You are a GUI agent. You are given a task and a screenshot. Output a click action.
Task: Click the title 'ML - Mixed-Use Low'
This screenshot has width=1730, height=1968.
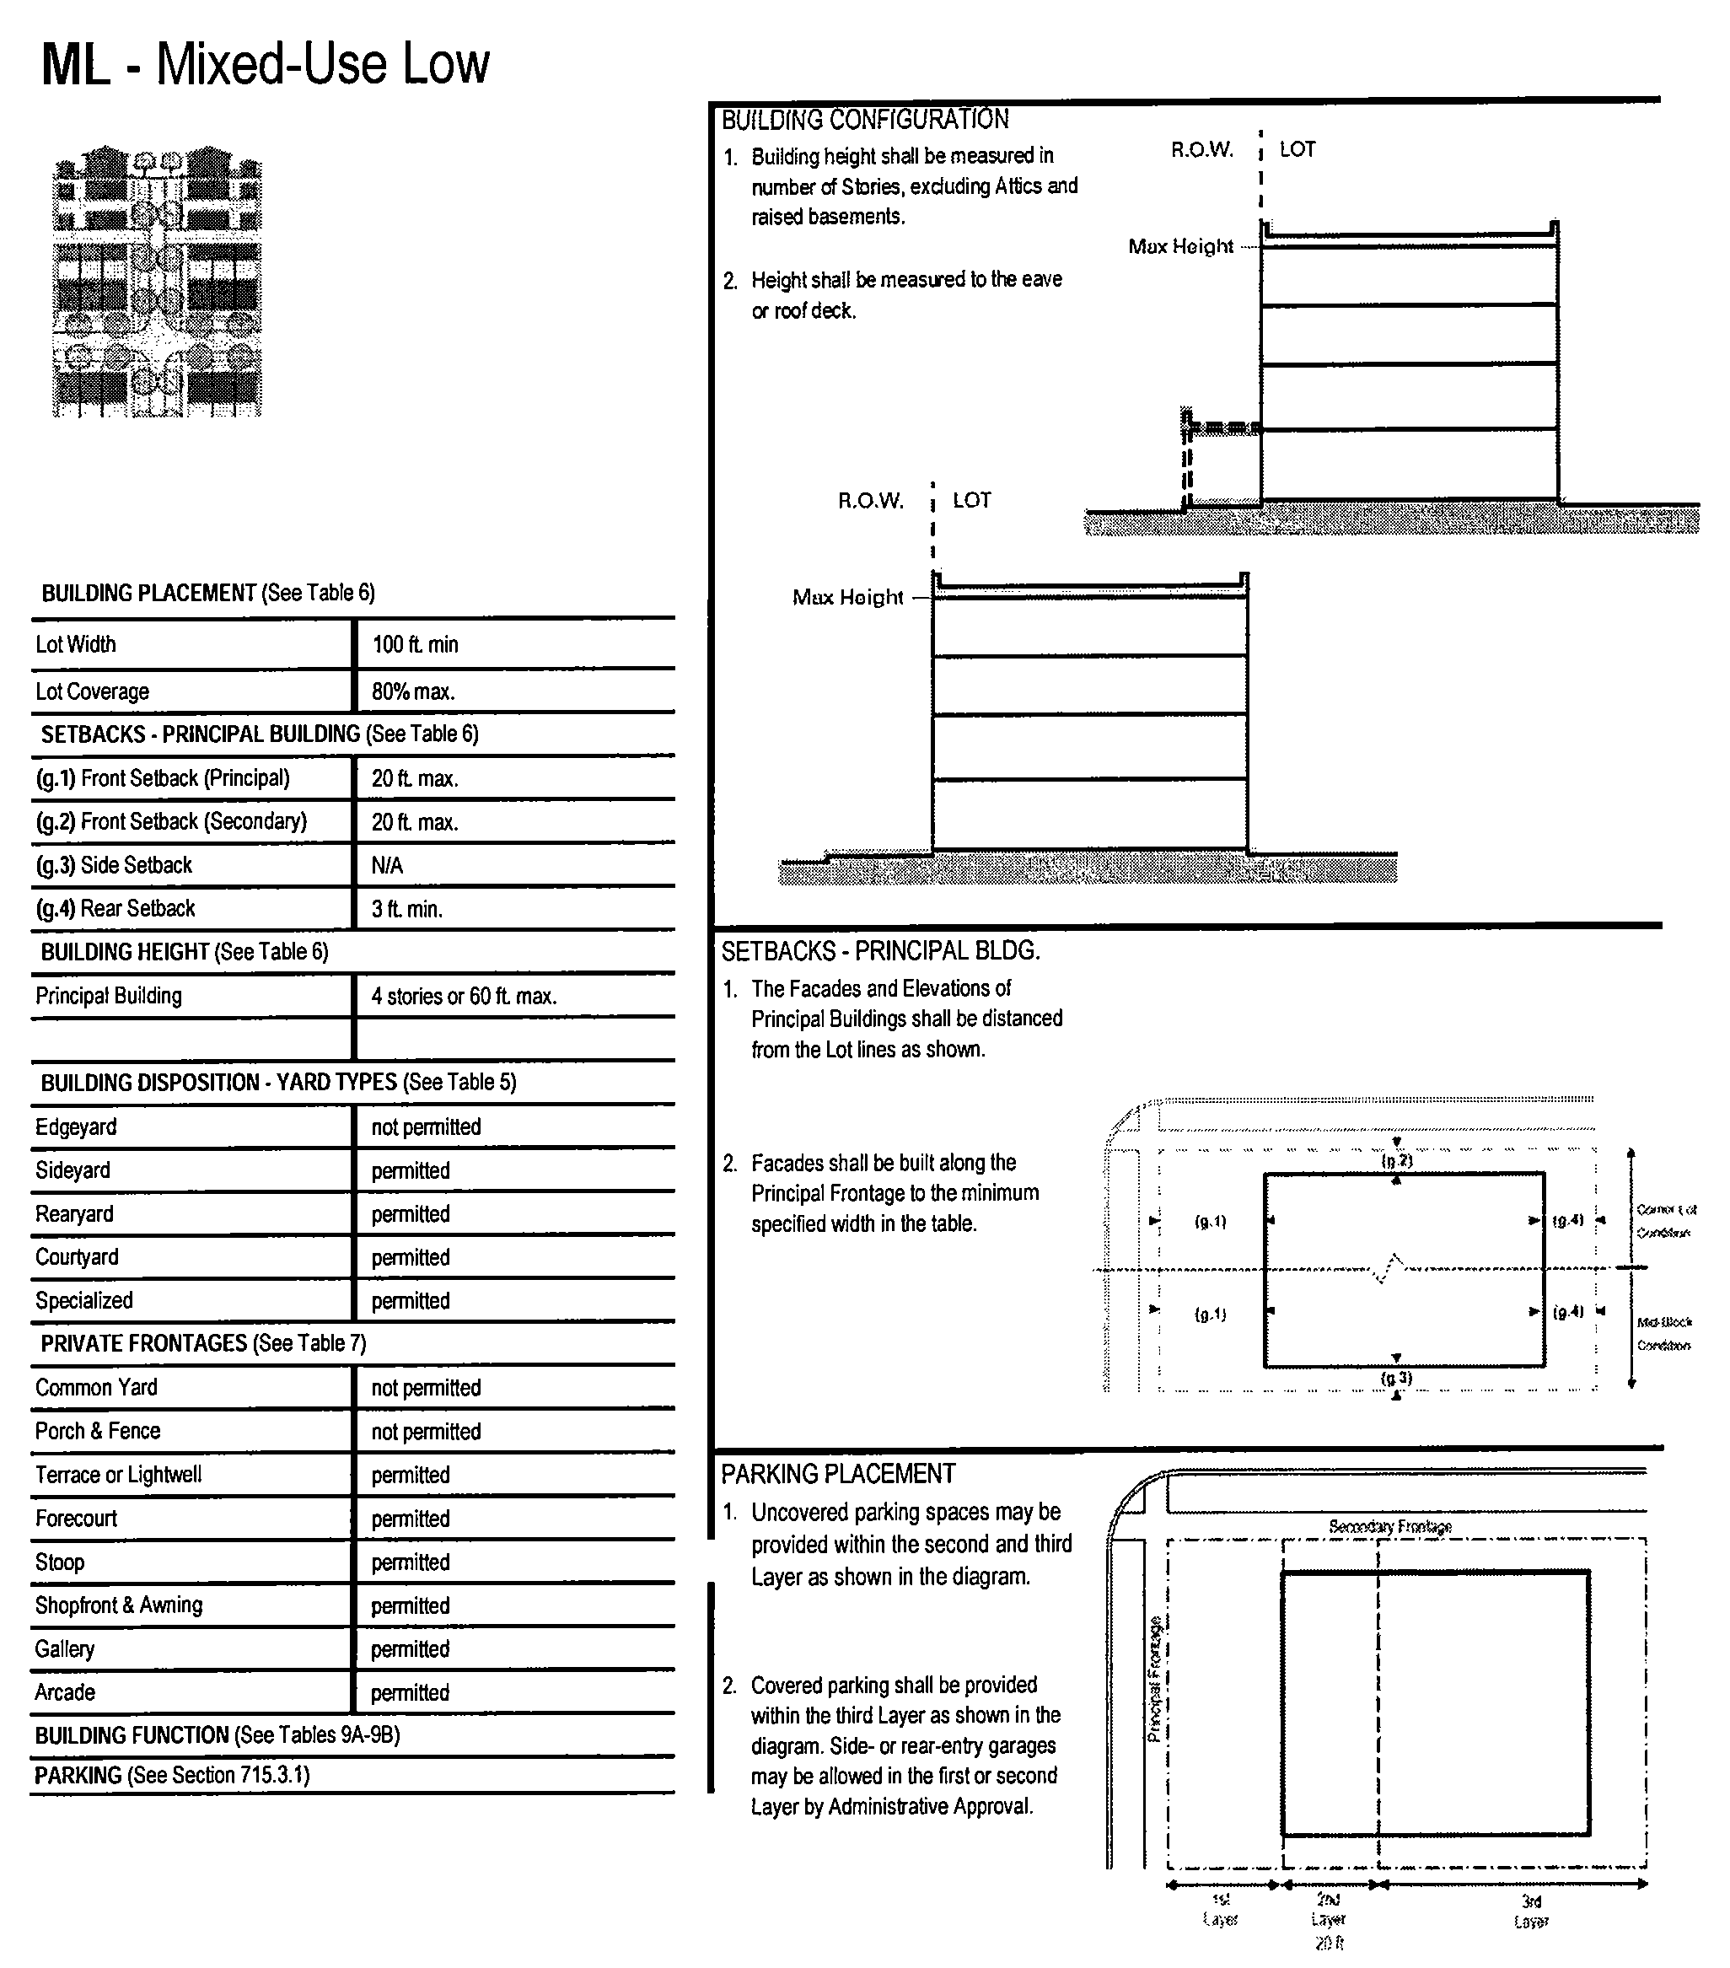266,65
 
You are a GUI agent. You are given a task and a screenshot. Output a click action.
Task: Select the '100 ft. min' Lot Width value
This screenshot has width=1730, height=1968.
415,644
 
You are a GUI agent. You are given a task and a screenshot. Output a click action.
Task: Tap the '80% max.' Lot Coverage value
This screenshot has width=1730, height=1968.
413,691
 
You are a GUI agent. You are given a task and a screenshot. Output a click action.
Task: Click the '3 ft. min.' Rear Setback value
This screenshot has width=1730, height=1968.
407,909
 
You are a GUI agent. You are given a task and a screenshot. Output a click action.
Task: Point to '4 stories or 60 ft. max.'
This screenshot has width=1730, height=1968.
464,996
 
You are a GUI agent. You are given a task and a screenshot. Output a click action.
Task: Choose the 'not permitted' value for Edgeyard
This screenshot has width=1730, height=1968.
426,1126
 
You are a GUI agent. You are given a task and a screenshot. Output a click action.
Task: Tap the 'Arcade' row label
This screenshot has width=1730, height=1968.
66,1691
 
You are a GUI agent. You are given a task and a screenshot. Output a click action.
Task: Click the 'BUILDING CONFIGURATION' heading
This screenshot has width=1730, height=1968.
864,120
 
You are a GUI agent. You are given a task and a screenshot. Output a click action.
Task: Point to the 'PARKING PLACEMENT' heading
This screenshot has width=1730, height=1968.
837,1474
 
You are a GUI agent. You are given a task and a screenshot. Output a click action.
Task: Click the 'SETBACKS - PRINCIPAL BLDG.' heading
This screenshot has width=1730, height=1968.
881,951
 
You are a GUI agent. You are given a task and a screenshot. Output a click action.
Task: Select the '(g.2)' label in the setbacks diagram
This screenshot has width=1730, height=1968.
1397,1161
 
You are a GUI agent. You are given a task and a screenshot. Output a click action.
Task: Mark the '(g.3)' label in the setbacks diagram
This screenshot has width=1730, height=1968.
1397,1378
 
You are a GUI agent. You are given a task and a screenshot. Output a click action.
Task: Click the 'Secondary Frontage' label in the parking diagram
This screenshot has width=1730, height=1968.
1389,1526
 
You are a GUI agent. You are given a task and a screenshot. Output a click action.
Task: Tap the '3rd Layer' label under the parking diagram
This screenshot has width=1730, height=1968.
1531,1912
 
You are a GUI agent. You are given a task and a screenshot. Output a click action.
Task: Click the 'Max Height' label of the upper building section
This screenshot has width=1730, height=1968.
1180,246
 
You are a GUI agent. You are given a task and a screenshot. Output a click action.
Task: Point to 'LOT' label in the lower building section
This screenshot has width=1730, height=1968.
971,500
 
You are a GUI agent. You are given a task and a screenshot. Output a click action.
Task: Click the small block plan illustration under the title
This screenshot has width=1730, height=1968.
157,281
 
